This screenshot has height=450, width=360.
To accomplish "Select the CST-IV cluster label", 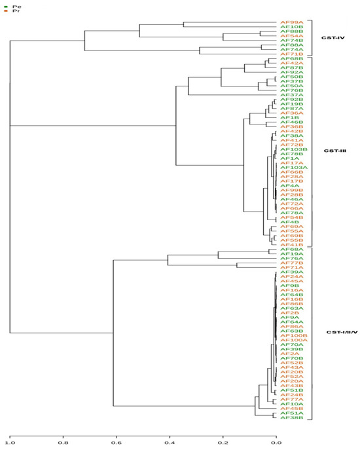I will [x=333, y=38].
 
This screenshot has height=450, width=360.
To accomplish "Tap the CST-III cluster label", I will [x=334, y=151].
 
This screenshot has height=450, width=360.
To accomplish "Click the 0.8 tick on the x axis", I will [x=63, y=443].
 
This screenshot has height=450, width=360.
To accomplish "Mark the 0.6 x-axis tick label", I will [x=117, y=443].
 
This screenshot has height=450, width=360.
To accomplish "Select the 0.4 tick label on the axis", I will [x=170, y=443].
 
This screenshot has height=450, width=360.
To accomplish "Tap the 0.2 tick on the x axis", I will [x=223, y=443].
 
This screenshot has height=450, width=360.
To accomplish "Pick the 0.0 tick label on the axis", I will [x=277, y=443].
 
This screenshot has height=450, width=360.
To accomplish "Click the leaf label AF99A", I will [x=291, y=22].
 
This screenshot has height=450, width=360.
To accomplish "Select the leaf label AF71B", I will [x=291, y=54].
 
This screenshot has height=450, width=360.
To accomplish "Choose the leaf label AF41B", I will [x=291, y=245].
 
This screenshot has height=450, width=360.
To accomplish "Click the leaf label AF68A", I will [x=291, y=250].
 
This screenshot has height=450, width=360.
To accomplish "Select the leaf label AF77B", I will [x=291, y=263].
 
